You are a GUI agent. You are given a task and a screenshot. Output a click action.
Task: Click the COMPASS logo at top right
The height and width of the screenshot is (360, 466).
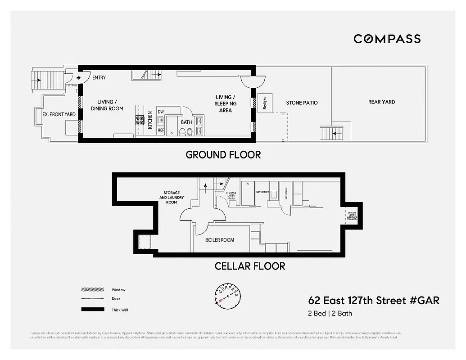pyautogui.click(x=387, y=39)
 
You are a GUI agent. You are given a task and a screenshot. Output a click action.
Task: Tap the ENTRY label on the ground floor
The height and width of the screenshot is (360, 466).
pyautogui.click(x=99, y=78)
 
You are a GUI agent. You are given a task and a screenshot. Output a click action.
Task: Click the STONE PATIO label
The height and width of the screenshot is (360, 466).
pyautogui.click(x=302, y=103)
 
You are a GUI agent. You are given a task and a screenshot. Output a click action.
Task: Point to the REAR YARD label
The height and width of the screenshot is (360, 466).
pyautogui.click(x=381, y=102)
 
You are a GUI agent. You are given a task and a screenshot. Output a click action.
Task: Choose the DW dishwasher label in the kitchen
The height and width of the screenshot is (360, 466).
pyautogui.click(x=161, y=112)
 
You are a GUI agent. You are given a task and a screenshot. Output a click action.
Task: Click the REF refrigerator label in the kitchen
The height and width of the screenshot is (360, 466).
pyautogui.click(x=161, y=130)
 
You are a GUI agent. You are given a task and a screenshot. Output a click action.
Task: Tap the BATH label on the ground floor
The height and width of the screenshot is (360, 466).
pyautogui.click(x=186, y=122)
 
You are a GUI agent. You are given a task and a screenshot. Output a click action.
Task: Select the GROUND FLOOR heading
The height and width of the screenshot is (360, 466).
pyautogui.click(x=223, y=155)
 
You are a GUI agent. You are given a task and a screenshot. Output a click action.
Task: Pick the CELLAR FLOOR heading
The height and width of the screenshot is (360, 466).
pyautogui.click(x=250, y=266)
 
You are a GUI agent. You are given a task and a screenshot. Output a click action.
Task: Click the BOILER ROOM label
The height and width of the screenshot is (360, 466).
pyautogui.click(x=220, y=240)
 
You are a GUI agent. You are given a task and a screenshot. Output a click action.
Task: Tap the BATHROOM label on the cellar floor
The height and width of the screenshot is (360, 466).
pyautogui.click(x=262, y=192)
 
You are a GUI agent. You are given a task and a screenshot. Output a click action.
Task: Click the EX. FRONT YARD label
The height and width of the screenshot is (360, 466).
pyautogui.click(x=59, y=114)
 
